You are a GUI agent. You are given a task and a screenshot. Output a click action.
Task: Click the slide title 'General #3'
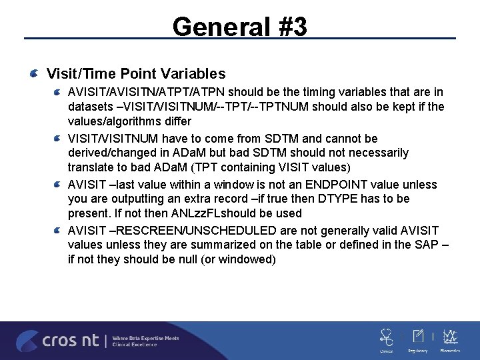click(239, 27)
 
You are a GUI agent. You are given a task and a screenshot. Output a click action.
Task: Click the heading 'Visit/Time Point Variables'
click(136, 74)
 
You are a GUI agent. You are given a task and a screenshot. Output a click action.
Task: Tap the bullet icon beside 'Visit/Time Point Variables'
click(33, 74)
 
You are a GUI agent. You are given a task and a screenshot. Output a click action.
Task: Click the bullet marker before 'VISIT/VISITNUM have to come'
click(59, 139)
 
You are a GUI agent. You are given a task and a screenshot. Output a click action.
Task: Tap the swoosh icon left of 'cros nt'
click(27, 341)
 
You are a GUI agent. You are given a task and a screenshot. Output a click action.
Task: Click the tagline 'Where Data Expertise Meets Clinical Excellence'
click(145, 341)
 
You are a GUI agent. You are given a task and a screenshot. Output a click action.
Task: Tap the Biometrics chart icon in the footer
click(451, 337)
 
